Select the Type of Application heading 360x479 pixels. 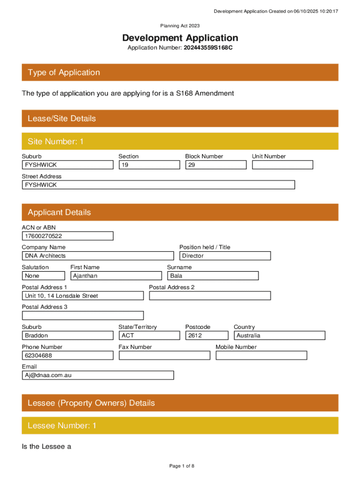pyautogui.click(x=64, y=73)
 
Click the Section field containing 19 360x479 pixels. pyautogui.click(x=149, y=165)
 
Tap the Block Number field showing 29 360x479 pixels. pyautogui.click(x=216, y=165)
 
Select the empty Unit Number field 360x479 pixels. pyautogui.click(x=282, y=165)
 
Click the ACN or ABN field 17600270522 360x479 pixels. pyautogui.click(x=67, y=236)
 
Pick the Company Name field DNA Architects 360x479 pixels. pyautogui.click(x=97, y=256)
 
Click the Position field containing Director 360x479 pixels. pyautogui.click(x=225, y=256)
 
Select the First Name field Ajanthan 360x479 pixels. pyautogui.click(x=115, y=276)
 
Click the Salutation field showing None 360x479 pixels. pyautogui.click(x=43, y=276)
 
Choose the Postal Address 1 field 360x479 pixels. pyautogui.click(x=83, y=296)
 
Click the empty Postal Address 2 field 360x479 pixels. pyautogui.click(x=209, y=296)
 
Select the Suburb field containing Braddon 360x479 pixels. pyautogui.click(x=67, y=335)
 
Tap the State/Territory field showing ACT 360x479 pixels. pyautogui.click(x=149, y=335)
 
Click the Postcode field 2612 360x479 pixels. pyautogui.click(x=206, y=335)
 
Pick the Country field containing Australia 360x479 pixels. pyautogui.click(x=279, y=335)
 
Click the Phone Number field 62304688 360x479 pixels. pyautogui.click(x=67, y=356)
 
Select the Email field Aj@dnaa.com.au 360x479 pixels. pyautogui.click(x=97, y=375)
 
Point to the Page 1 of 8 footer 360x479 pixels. pyautogui.click(x=181, y=466)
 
